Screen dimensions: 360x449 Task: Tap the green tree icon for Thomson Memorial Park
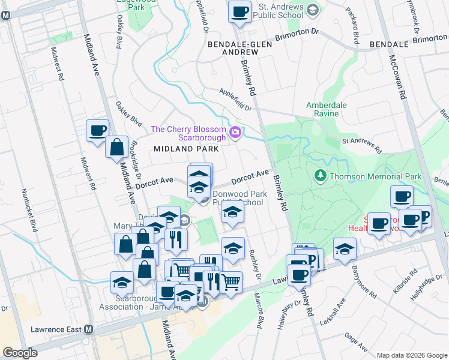321,176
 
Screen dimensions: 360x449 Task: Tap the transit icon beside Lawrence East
89,329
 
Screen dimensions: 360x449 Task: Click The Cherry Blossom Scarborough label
188,133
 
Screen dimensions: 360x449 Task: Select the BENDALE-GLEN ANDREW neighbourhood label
233,49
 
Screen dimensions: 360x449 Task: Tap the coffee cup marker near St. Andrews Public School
240,12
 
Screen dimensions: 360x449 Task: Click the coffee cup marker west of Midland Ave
97,131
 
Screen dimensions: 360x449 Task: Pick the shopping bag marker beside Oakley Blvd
116,147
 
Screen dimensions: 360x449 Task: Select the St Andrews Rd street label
362,145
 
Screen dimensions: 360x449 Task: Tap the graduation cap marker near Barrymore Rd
345,249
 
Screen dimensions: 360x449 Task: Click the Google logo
20,353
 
